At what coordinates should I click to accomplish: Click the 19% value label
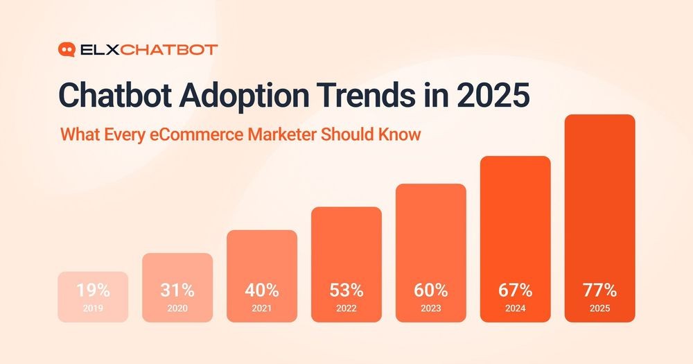[x=93, y=290]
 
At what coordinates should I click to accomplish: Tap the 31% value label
[x=177, y=290]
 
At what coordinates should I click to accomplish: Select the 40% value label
[x=262, y=290]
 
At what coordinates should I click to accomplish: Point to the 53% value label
[x=346, y=290]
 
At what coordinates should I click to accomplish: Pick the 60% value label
[x=431, y=290]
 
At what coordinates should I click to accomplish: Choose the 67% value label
[x=516, y=290]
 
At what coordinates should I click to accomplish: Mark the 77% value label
[x=600, y=290]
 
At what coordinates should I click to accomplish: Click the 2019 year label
[x=93, y=308]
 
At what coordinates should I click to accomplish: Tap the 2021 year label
[x=262, y=308]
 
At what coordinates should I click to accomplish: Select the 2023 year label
[x=431, y=308]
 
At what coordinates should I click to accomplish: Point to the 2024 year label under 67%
[x=516, y=308]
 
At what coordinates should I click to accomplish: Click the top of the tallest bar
[x=600, y=116]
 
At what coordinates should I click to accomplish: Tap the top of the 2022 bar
[x=346, y=209]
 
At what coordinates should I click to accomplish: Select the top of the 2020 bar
[x=177, y=255]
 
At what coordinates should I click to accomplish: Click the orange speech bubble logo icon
[x=67, y=49]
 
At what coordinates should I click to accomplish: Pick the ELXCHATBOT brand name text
[x=148, y=49]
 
